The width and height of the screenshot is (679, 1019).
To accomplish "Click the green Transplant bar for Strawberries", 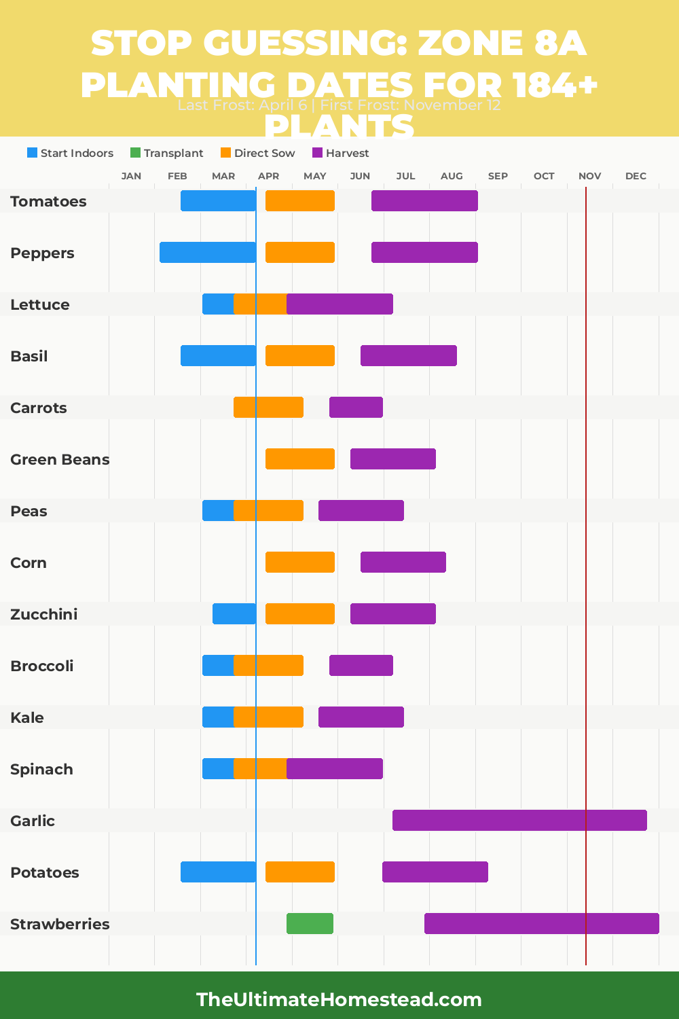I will pos(310,923).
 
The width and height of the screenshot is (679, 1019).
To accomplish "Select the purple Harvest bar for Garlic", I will pos(519,820).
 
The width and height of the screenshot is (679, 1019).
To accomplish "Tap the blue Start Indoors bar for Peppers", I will pos(207,252).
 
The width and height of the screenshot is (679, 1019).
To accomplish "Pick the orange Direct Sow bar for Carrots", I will pos(268,407).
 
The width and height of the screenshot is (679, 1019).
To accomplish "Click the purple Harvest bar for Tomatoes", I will pos(424,200).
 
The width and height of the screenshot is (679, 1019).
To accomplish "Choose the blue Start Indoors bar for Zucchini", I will pos(234,613).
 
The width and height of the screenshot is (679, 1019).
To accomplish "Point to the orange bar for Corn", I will pos(299,562).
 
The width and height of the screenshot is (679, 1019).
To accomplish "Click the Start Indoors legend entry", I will pos(70,153).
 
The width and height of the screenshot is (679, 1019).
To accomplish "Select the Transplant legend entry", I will pos(166,153).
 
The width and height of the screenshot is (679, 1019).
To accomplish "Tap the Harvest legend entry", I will pos(340,153).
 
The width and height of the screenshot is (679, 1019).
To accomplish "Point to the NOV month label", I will pos(589,176).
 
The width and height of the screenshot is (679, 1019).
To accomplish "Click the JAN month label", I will pos(131,176).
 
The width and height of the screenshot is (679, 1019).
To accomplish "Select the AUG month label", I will pos(452,176).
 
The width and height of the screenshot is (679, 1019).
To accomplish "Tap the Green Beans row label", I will pos(60,459).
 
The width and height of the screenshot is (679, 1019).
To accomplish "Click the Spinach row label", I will pos(41,769).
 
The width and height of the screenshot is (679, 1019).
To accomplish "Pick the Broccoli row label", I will pos(41,666).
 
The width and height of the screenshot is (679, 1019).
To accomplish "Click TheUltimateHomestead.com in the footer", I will pos(339,999).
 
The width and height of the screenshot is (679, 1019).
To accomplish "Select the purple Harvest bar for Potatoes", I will pos(435,872).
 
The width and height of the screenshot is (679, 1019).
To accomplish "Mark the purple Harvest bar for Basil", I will pos(408,355).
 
